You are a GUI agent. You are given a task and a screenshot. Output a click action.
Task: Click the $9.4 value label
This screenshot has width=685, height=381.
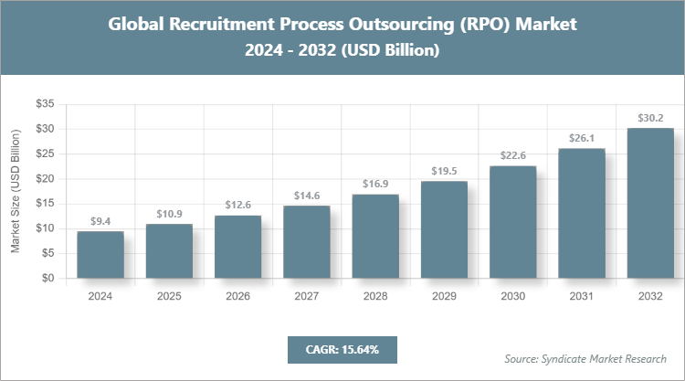coord(100,221)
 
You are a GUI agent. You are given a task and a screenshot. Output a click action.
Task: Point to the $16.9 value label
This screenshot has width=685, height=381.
coord(375,184)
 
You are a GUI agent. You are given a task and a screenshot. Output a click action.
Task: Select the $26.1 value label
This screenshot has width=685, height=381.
coord(582,138)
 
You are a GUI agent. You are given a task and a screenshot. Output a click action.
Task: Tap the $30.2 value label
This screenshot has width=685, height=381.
coord(650,118)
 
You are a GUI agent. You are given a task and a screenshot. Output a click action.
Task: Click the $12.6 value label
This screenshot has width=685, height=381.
coord(238,205)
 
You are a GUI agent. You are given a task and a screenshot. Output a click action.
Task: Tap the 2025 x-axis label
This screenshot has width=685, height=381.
coord(169,296)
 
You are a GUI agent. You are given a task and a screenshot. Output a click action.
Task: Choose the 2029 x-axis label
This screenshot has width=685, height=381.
coord(444,296)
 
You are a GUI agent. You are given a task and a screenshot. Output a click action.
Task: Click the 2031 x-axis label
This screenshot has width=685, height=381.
coord(582,296)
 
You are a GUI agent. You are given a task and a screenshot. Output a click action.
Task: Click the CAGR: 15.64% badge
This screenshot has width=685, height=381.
coord(342,350)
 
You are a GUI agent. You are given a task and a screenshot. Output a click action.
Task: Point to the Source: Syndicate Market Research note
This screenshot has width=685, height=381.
coord(585,358)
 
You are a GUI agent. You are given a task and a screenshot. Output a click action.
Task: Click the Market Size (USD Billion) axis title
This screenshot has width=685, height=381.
coord(16,192)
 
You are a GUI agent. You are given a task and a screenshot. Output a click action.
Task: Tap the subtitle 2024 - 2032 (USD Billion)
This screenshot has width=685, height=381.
coord(342,51)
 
